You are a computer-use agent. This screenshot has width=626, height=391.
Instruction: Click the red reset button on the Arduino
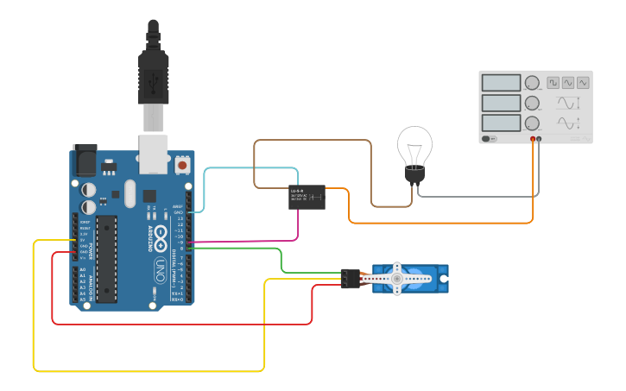click(x=182, y=164)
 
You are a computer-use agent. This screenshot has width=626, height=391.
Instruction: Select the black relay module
click(x=307, y=198)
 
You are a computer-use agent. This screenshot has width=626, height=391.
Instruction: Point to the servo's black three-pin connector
click(x=350, y=279)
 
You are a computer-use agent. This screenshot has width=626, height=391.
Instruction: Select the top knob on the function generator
click(x=532, y=83)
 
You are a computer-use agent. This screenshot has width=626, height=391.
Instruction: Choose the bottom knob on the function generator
click(x=532, y=124)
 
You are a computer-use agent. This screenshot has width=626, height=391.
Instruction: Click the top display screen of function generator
click(x=501, y=83)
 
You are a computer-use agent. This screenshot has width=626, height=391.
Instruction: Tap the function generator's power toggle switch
click(x=489, y=138)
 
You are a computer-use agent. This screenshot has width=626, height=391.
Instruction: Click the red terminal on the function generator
click(x=533, y=138)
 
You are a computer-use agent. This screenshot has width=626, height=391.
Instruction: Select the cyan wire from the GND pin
click(x=205, y=186)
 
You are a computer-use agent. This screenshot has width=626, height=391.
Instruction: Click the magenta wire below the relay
click(x=297, y=226)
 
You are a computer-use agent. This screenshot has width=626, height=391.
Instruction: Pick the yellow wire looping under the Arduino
click(x=147, y=371)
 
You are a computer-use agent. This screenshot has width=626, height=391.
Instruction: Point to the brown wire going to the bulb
click(x=371, y=173)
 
